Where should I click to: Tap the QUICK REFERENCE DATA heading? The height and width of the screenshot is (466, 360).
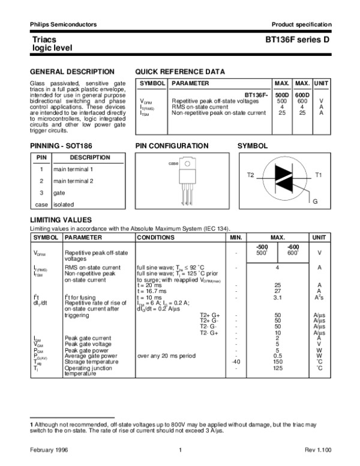[180, 71]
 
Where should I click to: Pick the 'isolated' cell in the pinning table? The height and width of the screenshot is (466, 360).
[64, 204]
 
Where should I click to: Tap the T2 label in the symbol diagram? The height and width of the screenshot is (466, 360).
[251, 175]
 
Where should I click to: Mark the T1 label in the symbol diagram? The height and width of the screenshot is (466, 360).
[319, 175]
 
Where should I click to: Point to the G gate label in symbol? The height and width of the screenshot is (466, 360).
[314, 200]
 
